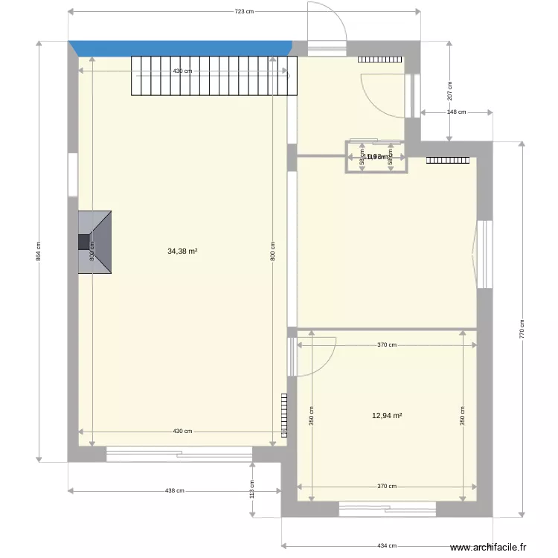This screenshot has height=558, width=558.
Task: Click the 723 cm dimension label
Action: (x=244, y=11)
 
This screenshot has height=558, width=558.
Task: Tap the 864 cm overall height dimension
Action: (x=39, y=253)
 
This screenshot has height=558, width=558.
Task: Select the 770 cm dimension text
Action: (x=522, y=327)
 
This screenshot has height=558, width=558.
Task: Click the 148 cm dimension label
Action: (x=456, y=112)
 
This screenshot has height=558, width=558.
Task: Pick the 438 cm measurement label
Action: (x=174, y=490)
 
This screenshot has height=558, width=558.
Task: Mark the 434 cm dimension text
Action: (x=387, y=545)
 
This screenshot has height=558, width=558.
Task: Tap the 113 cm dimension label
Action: (x=252, y=489)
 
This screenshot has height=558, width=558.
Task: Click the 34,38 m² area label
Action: (x=182, y=251)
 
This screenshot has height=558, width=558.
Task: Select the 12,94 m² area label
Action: (x=387, y=416)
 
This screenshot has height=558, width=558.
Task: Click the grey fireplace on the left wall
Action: (x=95, y=242)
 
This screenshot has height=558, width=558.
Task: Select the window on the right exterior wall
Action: (x=484, y=254)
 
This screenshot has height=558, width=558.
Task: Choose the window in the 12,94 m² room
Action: (x=387, y=509)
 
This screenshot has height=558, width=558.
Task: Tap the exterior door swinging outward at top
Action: (x=327, y=30)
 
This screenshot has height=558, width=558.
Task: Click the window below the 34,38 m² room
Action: (x=179, y=453)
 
